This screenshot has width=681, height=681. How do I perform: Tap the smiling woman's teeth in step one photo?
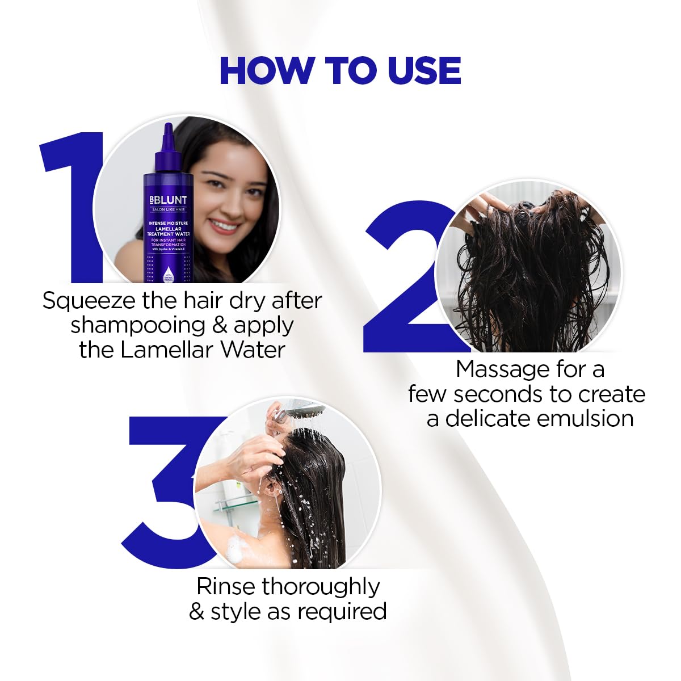(224, 226)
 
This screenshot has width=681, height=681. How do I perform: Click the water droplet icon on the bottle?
(167, 270)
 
